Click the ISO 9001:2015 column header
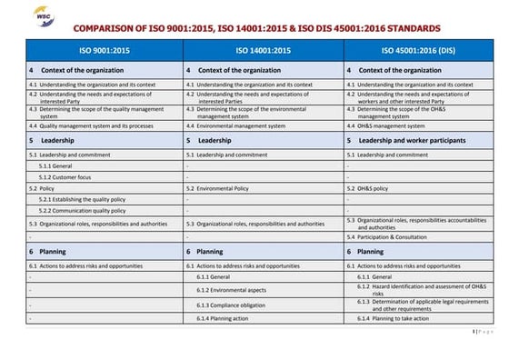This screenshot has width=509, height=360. pos(103,50)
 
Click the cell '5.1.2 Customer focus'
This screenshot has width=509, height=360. pos(65,177)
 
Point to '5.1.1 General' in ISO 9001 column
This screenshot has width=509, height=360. pos(55,166)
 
